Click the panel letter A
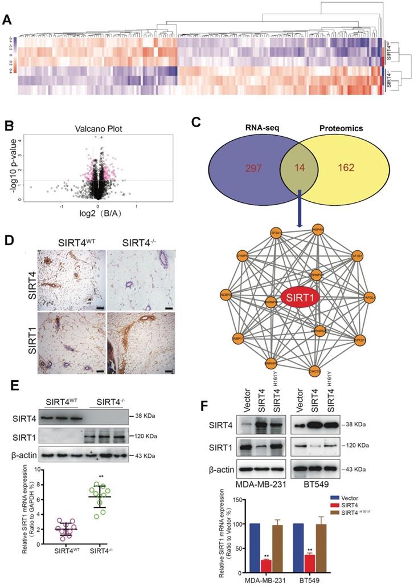coord(7,19)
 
